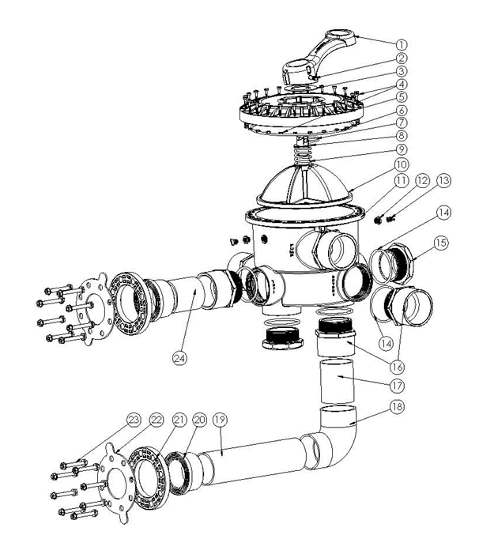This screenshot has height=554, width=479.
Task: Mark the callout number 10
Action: tap(402, 164)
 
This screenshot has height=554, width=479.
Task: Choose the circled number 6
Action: tap(402, 110)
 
